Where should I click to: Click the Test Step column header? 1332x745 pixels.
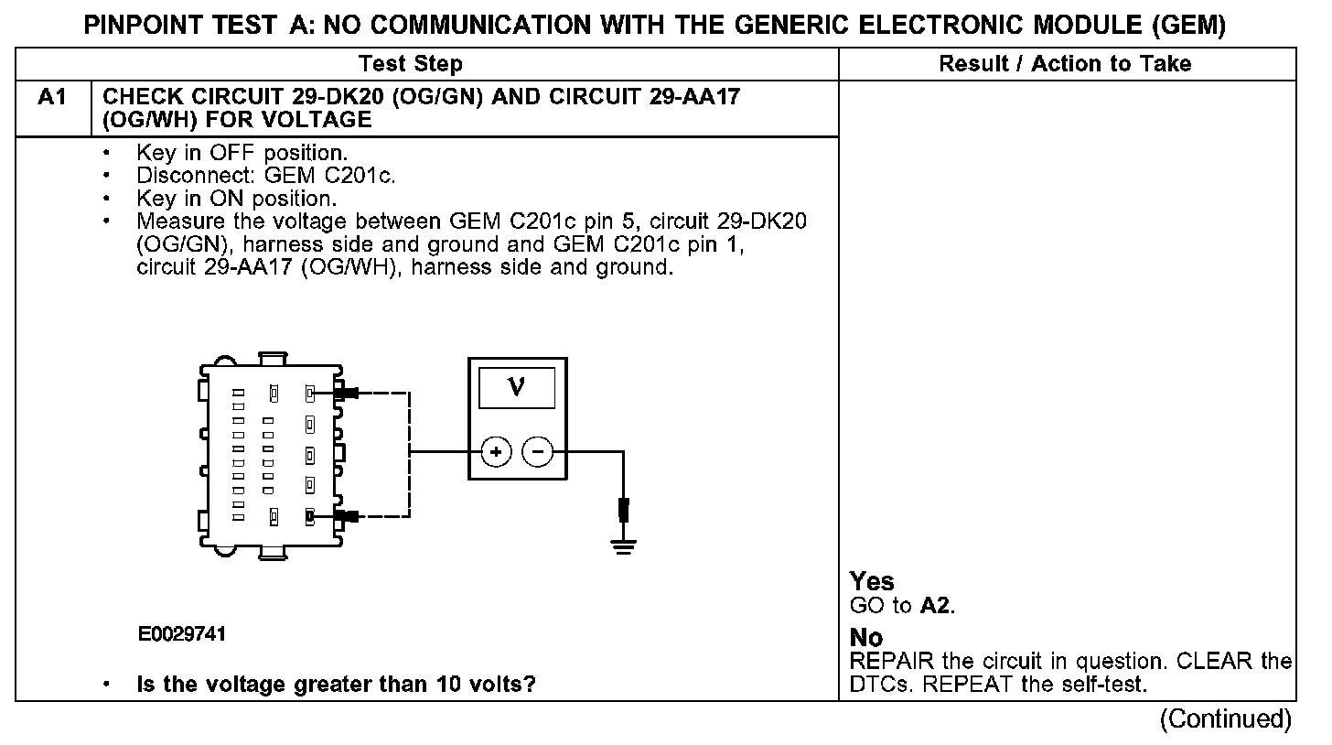pyautogui.click(x=410, y=64)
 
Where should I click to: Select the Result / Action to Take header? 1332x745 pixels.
pyautogui.click(x=1065, y=64)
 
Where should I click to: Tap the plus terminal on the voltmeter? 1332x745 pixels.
pyautogui.click(x=496, y=452)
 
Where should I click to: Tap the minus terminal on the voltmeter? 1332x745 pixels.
pyautogui.click(x=538, y=452)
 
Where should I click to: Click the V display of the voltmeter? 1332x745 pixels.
pyautogui.click(x=517, y=388)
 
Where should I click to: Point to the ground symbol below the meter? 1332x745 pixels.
pyautogui.click(x=623, y=546)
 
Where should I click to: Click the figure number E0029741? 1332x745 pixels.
pyautogui.click(x=182, y=634)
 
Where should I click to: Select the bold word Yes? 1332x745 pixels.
pyautogui.click(x=872, y=581)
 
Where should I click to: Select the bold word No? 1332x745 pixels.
pyautogui.click(x=866, y=638)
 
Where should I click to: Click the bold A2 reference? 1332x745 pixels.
pyautogui.click(x=937, y=606)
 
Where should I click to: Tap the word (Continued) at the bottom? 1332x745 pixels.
pyautogui.click(x=1226, y=718)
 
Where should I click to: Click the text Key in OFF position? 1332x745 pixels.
pyautogui.click(x=242, y=153)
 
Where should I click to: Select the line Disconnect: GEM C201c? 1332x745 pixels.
pyautogui.click(x=266, y=176)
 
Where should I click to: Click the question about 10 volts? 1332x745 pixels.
pyautogui.click(x=337, y=685)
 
